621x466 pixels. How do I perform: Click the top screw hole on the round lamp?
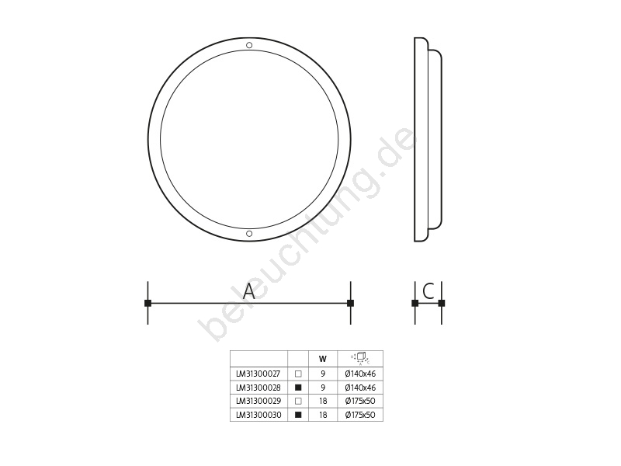pos(249,45)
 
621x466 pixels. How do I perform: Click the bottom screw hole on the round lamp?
pos(249,234)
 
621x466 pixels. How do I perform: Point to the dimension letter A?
pos(248,291)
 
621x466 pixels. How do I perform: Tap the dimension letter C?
pos(428,291)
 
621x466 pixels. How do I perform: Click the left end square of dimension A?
pos(147,303)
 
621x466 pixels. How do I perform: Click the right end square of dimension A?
pos(351,303)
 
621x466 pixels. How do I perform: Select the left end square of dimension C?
pos(415,303)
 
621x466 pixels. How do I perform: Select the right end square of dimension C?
pos(442,303)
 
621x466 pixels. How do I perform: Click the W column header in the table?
pos(323,359)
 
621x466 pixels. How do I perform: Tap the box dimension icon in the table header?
pos(360,358)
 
